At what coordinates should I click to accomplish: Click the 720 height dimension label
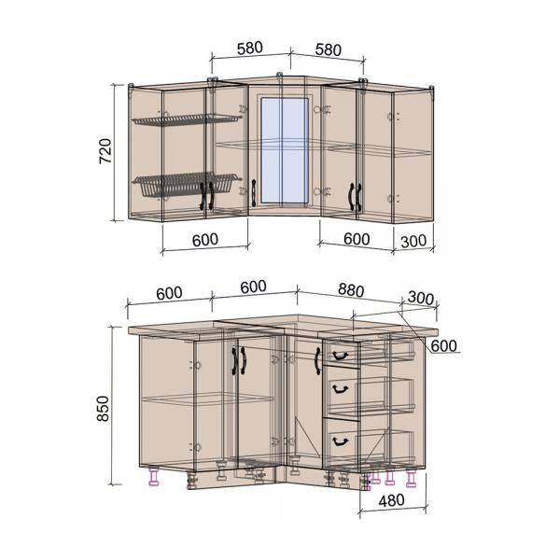pos(105,150)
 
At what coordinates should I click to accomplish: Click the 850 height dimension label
pos(104,409)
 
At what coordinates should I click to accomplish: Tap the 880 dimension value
pos(351,290)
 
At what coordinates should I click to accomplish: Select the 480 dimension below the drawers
pos(391,500)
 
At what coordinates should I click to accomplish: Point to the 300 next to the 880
pos(421,298)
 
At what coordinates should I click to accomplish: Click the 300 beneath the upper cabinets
pos(413,242)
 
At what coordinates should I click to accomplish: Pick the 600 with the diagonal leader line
pos(443,345)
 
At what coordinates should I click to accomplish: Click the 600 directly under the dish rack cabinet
pos(205,240)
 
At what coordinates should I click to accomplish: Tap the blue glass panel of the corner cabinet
pos(285,150)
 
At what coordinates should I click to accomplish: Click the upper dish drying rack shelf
pos(187,119)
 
